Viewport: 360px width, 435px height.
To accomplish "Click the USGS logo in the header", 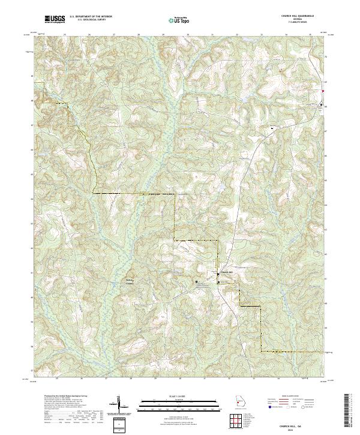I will coord(55,19).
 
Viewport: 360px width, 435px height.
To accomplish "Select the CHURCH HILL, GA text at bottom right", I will coord(298,422).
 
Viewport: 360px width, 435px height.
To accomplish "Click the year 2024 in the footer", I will coord(298,427).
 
